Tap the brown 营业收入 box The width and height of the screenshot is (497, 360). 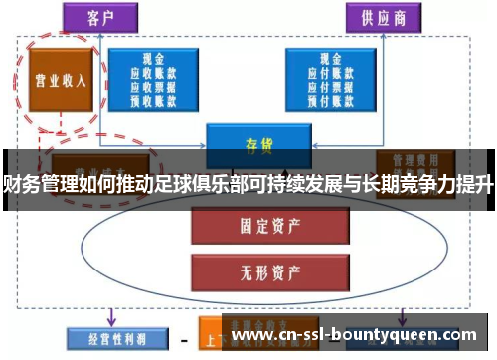click(57, 81)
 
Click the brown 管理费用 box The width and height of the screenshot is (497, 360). click(415, 159)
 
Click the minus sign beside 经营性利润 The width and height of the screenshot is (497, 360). click(183, 339)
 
